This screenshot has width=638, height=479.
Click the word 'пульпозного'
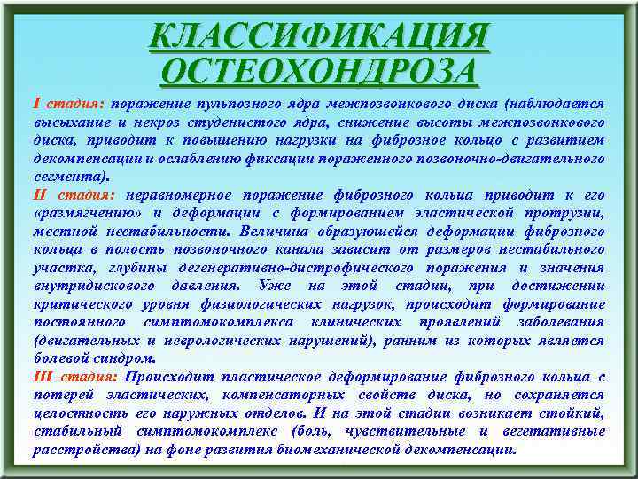[x=235, y=104]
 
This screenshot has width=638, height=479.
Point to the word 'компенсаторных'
[x=288, y=394]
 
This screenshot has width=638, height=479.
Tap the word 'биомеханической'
[x=354, y=449]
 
